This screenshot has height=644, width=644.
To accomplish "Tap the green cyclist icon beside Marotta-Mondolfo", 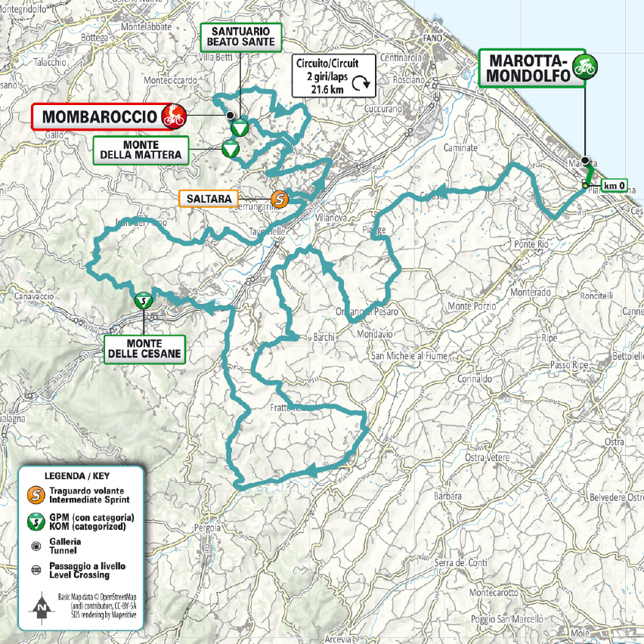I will pos(583,66).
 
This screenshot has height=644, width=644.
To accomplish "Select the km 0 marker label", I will pos(614,184).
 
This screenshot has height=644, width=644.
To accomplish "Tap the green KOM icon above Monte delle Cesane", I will pos(142,300).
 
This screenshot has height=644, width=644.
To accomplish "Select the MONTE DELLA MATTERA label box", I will pos(139,150).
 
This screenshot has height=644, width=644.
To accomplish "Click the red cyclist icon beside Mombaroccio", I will pos(174,116).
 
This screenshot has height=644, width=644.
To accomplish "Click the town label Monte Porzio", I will pos(472,306).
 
